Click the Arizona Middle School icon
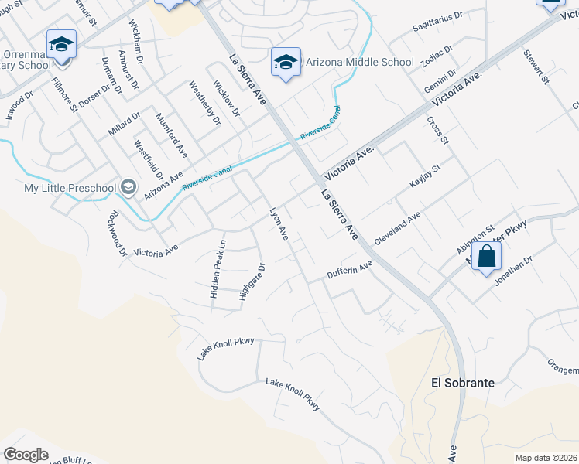pyautogui.click(x=286, y=61)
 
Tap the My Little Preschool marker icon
pyautogui.click(x=128, y=188)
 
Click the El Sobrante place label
pyautogui.click(x=462, y=382)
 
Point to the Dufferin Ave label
pyautogui.click(x=350, y=269)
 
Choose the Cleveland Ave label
pyautogui.click(x=397, y=230)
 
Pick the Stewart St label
pyautogui.click(x=536, y=67)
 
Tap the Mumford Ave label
pyautogui.click(x=172, y=132)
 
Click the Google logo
pyautogui.click(x=26, y=455)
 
